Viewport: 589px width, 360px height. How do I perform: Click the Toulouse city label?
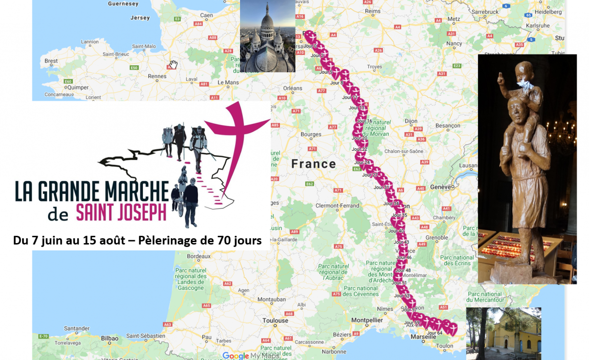275,321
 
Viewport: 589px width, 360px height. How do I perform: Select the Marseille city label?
424,336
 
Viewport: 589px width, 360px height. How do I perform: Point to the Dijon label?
411,121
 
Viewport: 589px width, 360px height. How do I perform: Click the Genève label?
440,187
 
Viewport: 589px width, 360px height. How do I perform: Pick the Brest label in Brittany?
51,61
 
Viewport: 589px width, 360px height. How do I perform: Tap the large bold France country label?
314,164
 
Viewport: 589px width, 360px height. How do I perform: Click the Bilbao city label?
99,338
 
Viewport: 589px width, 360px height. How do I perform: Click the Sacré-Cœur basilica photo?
268,36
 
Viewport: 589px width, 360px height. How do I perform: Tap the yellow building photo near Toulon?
503,333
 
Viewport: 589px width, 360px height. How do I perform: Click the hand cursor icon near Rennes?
173,65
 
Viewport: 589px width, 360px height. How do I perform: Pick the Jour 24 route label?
362,162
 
